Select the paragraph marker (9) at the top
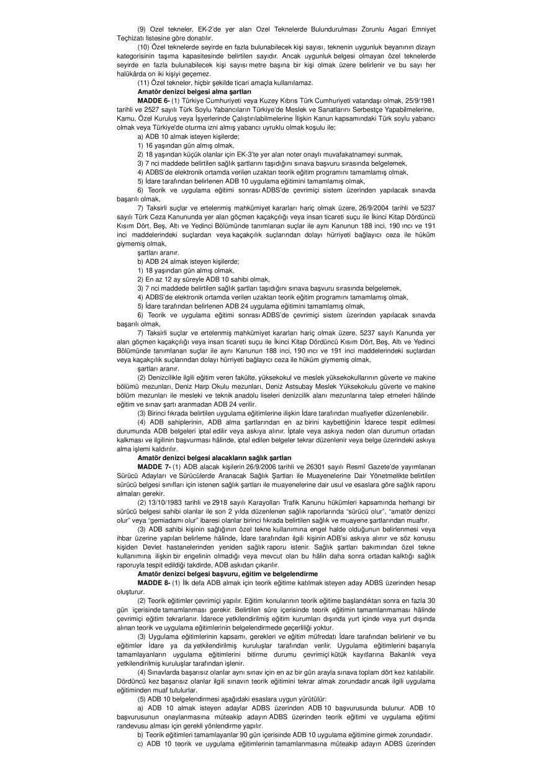143,29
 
